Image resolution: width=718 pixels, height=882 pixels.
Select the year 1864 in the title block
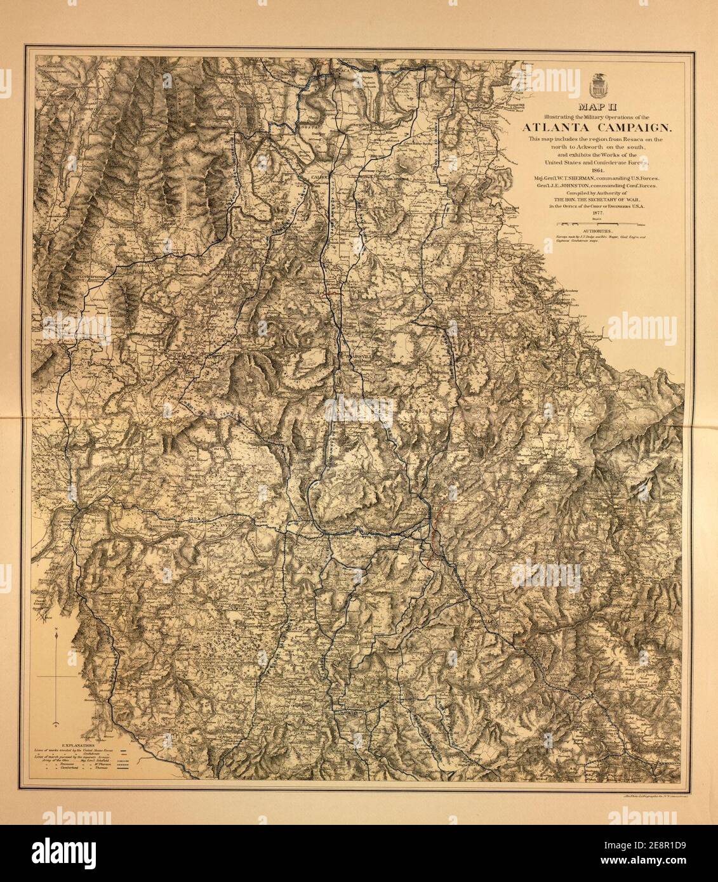(x=597, y=170)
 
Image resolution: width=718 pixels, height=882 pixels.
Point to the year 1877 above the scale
(x=597, y=213)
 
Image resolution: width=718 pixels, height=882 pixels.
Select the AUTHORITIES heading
(x=598, y=232)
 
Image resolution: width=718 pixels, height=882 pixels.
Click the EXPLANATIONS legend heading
(x=75, y=741)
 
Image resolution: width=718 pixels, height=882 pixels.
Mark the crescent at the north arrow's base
(x=57, y=724)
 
